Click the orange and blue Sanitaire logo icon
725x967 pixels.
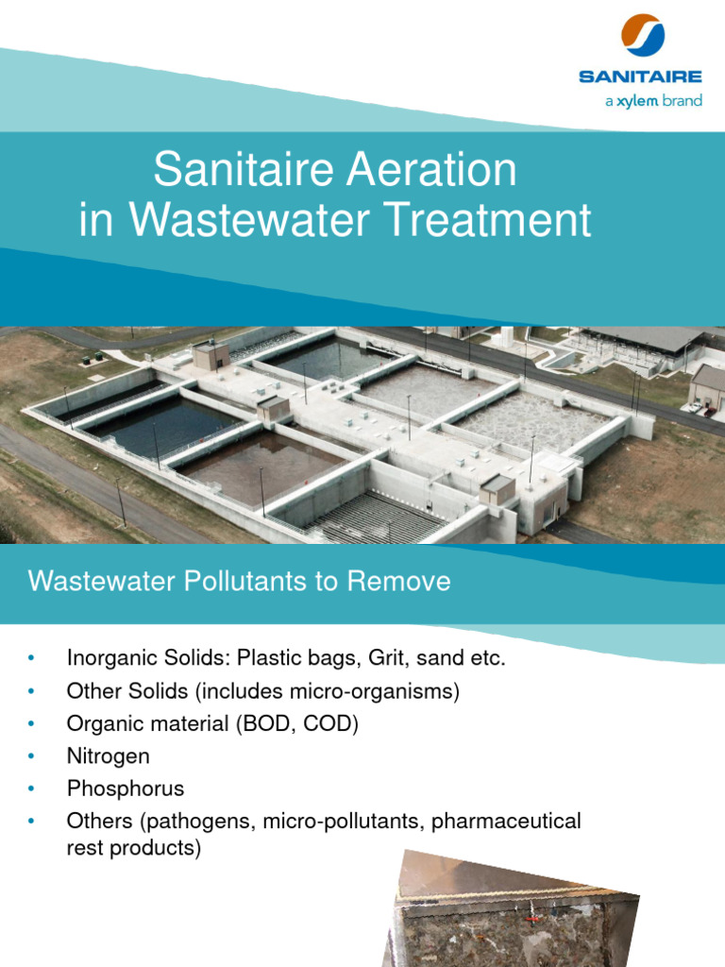pos(643,35)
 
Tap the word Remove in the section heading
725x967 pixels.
pos(399,581)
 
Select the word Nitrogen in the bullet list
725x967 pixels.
pos(108,755)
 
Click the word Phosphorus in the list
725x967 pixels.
pos(126,789)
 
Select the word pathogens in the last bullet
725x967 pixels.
pos(189,822)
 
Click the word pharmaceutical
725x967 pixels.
pos(506,822)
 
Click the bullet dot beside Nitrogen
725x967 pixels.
pos(32,755)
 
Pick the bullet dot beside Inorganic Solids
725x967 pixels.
pos(32,658)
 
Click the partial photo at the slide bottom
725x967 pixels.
pos(514,911)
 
